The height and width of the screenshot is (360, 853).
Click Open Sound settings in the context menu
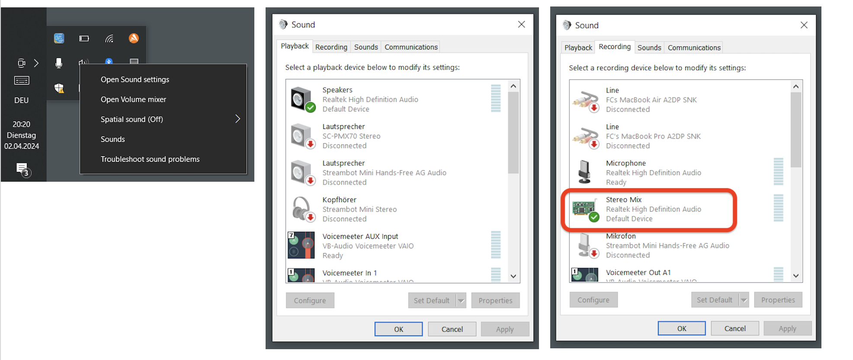click(x=135, y=80)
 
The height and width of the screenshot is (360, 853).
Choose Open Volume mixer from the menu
click(x=133, y=100)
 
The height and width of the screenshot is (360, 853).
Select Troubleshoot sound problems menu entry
click(x=150, y=159)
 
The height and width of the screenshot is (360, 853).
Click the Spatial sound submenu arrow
click(x=237, y=119)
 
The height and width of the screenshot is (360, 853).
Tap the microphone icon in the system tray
click(x=59, y=63)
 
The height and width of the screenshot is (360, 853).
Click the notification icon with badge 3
click(x=22, y=169)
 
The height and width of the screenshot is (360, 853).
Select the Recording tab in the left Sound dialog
click(x=331, y=47)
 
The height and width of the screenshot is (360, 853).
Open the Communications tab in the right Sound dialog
click(x=694, y=48)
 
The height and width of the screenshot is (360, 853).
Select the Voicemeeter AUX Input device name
click(x=360, y=236)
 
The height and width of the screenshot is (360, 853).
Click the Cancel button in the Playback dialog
click(x=452, y=329)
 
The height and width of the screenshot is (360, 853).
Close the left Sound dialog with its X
click(x=522, y=25)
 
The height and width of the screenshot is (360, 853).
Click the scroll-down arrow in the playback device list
click(x=513, y=276)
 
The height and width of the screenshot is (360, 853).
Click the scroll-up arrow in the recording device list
click(x=796, y=87)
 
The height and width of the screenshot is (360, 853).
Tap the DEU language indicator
click(x=21, y=100)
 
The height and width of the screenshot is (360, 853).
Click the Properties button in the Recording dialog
click(x=778, y=300)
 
